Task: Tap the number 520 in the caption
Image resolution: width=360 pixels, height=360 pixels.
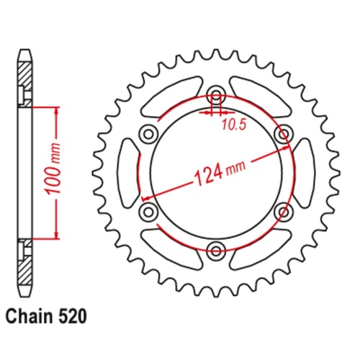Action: point(76,315)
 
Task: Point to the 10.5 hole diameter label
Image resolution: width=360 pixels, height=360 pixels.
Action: point(230,123)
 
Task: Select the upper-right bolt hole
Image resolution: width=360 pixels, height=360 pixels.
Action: point(282,134)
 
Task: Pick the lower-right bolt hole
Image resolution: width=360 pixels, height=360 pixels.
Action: point(282,211)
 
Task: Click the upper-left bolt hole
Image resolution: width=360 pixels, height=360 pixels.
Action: point(148,134)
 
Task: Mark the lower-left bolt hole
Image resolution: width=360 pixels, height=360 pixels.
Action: point(148,211)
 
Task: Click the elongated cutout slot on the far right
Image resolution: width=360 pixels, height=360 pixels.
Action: point(304,172)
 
